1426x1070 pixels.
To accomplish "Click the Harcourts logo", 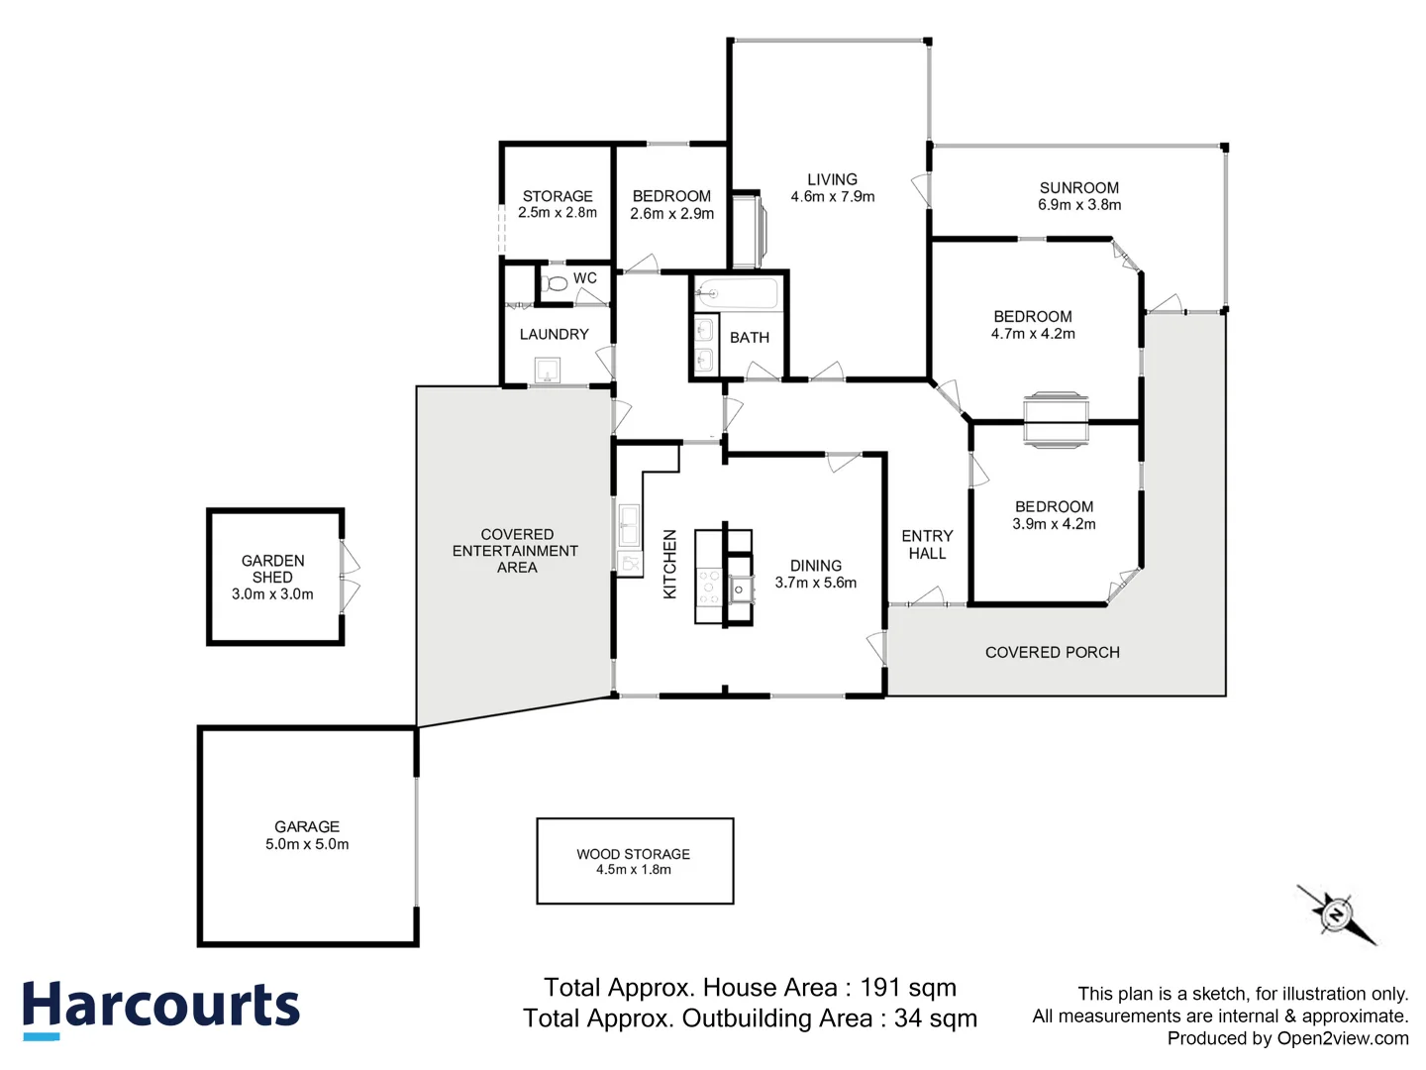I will point(160,1008).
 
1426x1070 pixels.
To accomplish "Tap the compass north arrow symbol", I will point(1336,913).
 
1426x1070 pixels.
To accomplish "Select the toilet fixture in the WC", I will point(557,283).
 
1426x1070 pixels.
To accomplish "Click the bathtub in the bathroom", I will point(737,293).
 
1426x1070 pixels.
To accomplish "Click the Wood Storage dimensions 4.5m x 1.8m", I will point(634,870).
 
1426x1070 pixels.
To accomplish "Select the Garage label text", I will point(307,826).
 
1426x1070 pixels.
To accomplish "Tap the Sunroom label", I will point(1079,187).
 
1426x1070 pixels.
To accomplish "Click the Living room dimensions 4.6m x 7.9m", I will point(833,197).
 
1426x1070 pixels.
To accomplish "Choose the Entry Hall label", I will point(927,545).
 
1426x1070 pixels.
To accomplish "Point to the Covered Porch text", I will point(1053,652).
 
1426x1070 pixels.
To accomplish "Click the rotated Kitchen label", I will point(669,564).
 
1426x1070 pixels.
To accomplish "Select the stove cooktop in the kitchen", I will point(709,587).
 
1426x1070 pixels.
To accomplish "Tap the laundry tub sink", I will point(548,372).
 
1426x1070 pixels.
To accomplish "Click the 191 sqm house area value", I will point(908,988).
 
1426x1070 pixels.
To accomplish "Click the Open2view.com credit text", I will point(1342,1038).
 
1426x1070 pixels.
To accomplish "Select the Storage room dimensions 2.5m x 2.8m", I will point(558,213).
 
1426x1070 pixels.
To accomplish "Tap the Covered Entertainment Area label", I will point(516,551).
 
